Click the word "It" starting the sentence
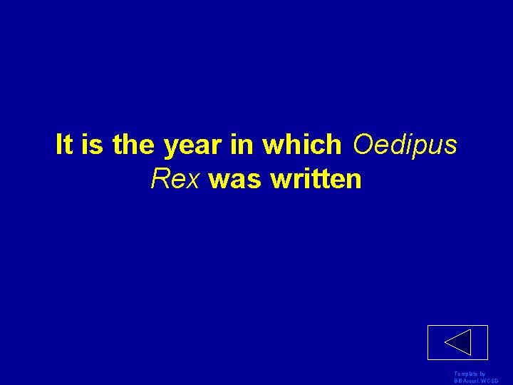coord(64,145)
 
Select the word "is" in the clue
coord(92,145)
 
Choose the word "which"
coord(302,145)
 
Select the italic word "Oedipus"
coord(405,145)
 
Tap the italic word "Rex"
coord(175,179)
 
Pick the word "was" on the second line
coord(236,179)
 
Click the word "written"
coord(316,179)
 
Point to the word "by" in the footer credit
coord(482,374)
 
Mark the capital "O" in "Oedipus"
coord(362,145)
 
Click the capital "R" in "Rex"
coord(159,179)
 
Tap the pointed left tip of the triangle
coord(445,343)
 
